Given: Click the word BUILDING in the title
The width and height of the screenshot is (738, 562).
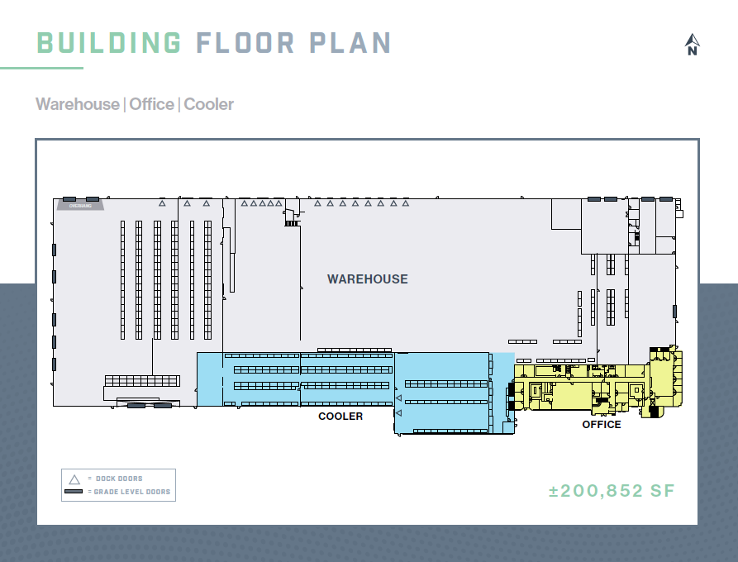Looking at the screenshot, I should coord(109,43).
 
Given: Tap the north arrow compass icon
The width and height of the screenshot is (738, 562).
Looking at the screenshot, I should coord(693,44).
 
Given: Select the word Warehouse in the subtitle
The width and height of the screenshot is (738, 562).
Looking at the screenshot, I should coord(78,104).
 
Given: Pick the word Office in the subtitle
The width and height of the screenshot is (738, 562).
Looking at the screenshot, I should coord(151,104).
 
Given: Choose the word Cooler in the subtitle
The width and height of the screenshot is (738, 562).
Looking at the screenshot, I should coord(208,104).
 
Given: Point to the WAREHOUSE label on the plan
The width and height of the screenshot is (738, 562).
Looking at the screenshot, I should coord(367,279).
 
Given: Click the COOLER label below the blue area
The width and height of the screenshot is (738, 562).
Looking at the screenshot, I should coord(340,417).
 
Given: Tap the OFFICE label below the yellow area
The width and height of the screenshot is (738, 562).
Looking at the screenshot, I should coord(601,425).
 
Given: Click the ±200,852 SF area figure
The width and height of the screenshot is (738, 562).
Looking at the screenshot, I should coord(612,491).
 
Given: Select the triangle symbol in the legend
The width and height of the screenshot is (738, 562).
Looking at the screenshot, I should coord(74,479).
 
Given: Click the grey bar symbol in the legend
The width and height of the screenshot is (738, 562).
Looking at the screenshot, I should coord(74,492).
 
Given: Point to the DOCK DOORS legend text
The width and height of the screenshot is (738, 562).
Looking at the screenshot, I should coord(119,479).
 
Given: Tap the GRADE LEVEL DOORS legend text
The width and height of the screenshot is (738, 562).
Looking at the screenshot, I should coord(132,492).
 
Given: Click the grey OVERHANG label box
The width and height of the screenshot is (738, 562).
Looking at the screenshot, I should coord(80,207).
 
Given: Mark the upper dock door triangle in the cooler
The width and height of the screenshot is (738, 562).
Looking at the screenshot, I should coord(398,398).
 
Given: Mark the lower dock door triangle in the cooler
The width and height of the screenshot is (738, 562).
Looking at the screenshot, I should coord(398,412).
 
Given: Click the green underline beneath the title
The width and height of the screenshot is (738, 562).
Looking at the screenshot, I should coord(41,68).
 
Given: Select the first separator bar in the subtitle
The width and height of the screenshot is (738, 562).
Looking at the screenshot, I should coord(124,104).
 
